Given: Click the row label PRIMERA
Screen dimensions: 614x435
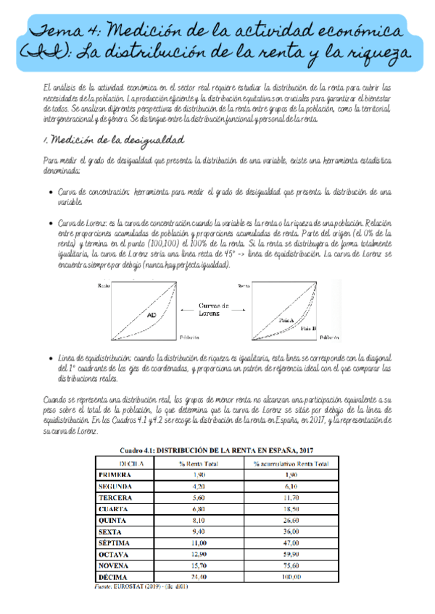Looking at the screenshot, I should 116,474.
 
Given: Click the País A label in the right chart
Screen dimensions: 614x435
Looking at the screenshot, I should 286,319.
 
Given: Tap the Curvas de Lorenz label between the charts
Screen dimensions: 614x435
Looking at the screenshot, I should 215,310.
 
